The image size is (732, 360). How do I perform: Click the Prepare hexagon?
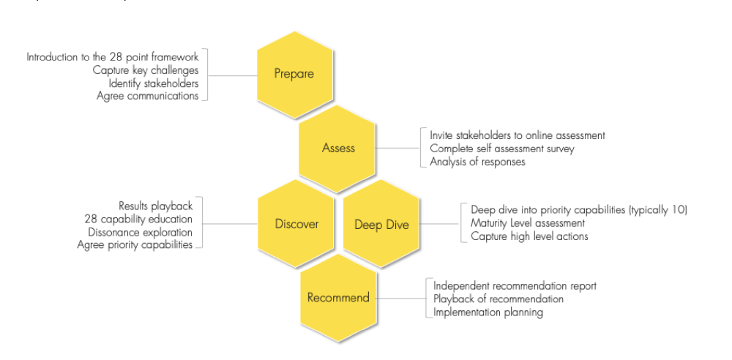point(294,74)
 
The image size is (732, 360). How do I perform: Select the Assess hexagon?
point(338,149)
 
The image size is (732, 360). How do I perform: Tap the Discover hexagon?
point(296,224)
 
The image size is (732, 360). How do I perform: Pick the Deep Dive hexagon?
point(381,225)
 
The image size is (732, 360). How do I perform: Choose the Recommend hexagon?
point(338,298)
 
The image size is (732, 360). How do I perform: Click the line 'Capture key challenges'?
point(146,70)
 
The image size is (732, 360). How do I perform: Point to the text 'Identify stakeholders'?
point(154,83)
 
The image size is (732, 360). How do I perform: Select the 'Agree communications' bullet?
point(148,96)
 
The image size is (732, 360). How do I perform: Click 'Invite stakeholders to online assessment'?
point(518,135)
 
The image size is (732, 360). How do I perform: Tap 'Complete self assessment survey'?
point(502,149)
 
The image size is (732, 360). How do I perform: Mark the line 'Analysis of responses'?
point(477,162)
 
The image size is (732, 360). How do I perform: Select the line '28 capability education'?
point(138,219)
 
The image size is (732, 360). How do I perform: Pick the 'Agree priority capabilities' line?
point(135,245)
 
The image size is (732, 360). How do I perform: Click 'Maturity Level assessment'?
point(528,222)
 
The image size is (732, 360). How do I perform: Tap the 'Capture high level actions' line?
point(529,236)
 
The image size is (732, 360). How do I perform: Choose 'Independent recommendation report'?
point(515,285)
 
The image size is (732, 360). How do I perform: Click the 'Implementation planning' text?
point(488,312)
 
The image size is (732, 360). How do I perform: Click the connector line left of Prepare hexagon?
point(232,75)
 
